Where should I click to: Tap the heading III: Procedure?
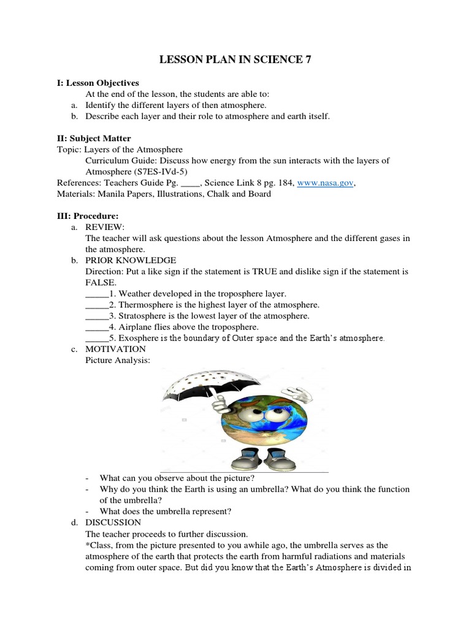point(93,216)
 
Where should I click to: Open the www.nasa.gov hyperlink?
point(326,183)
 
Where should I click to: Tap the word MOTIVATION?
point(115,349)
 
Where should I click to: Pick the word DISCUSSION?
point(113,523)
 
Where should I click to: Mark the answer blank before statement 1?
point(96,294)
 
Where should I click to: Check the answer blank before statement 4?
point(96,327)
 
